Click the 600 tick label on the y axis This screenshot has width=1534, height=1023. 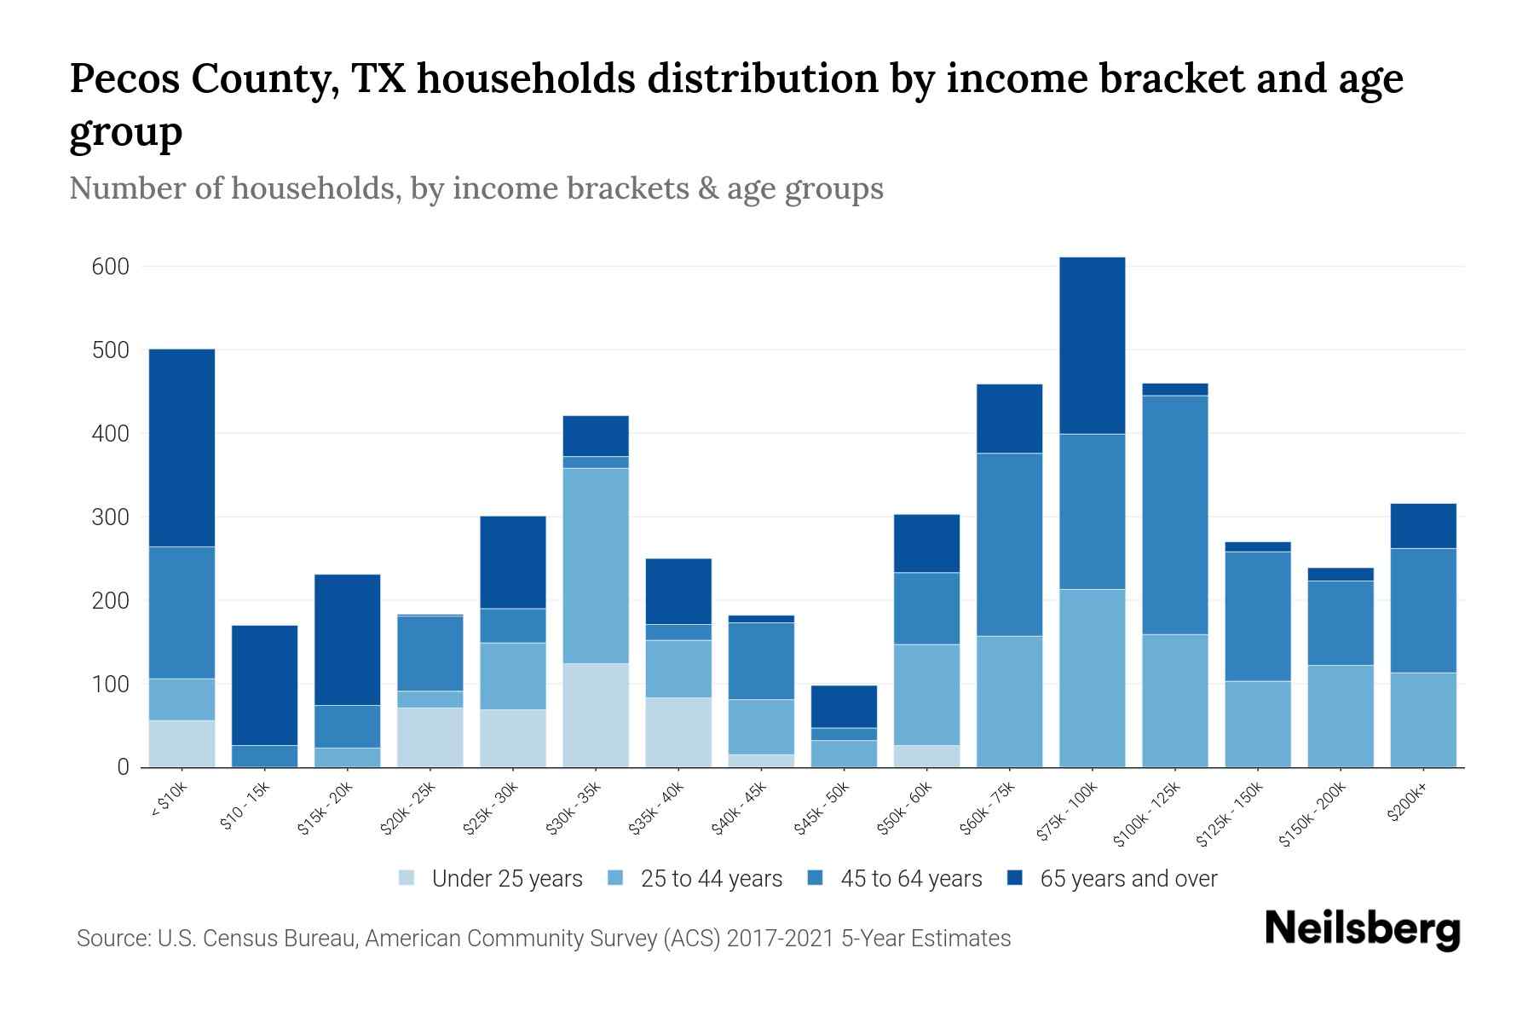pos(110,267)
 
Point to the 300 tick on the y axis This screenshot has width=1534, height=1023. pos(110,517)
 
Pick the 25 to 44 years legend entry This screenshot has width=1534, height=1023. pos(711,878)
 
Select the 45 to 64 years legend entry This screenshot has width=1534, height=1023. pos(910,878)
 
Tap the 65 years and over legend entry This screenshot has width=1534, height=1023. pos(1127,878)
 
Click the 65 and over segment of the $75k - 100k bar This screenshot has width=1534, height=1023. pos(1092,345)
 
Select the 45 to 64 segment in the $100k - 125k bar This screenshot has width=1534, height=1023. pos(1174,514)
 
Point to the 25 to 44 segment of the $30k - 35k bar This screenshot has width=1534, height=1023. pos(596,565)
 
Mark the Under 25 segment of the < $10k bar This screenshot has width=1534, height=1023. pos(182,743)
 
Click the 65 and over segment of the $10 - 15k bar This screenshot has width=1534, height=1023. pos(264,685)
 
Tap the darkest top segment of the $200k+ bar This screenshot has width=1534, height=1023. pos(1423,526)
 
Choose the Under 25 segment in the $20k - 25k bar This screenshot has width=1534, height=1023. pos(430,737)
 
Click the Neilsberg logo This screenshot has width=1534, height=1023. pos(1362,929)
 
